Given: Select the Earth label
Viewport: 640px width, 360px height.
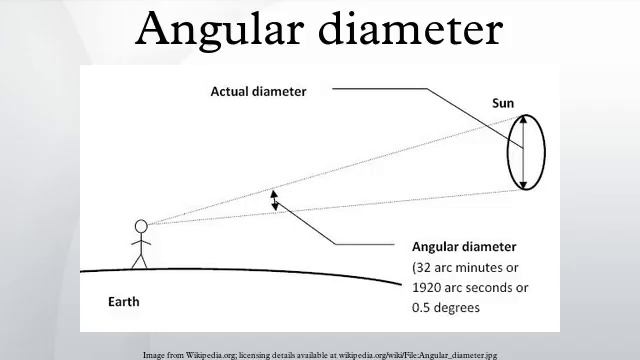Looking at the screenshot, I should point(124,301).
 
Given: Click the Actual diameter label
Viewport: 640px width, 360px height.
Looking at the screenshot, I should point(258,91).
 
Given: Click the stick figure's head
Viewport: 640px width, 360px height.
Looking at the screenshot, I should point(141,226).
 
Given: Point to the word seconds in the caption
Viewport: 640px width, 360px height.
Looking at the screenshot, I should point(497,287).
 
